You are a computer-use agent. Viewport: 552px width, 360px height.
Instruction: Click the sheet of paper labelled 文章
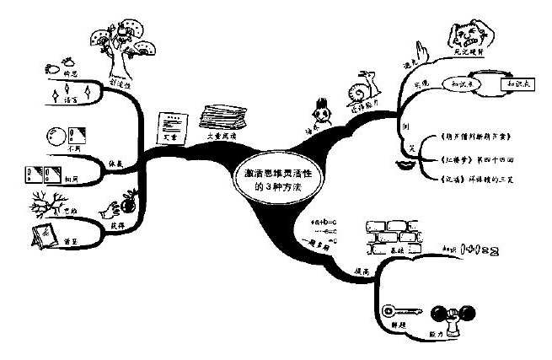tap(174, 127)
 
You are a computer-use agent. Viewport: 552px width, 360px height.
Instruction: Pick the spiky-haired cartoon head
tap(320, 112)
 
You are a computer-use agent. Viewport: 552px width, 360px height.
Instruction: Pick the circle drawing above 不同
tap(57, 135)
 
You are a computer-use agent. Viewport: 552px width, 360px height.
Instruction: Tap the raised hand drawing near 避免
tap(424, 52)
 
